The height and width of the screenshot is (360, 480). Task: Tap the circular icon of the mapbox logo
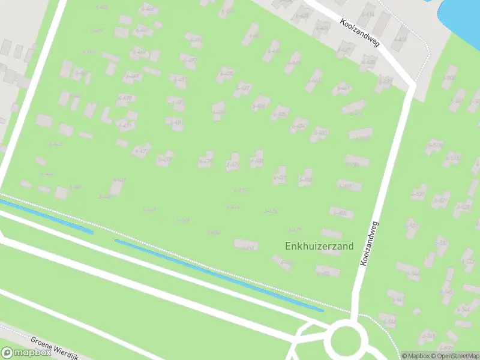coord(7,353)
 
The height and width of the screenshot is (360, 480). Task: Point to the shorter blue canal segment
coord(45,217)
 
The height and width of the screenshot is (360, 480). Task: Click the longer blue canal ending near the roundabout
coord(219,275)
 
